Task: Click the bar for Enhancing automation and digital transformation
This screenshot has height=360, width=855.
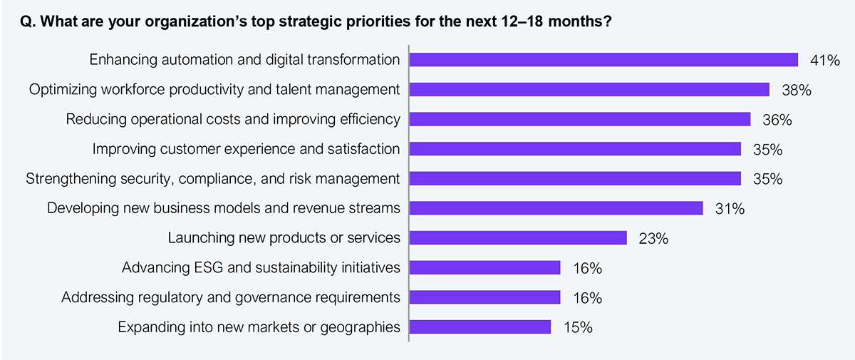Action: pos(603,60)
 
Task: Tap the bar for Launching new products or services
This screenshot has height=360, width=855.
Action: pos(517,238)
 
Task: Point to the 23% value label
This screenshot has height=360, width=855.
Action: pos(653,239)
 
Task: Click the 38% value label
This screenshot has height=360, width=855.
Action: pos(797,90)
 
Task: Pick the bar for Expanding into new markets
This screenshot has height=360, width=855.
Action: pos(480,327)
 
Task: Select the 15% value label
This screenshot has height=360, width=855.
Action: pos(577,328)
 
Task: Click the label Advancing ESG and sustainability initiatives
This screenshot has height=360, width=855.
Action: pos(261,268)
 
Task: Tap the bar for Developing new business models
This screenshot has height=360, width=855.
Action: pos(556,209)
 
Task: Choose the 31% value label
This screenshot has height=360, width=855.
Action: pos(730,210)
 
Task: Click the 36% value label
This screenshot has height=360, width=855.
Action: pos(777,120)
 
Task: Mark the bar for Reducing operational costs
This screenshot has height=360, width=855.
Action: pos(579,119)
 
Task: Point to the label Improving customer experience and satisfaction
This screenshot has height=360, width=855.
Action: pos(247,149)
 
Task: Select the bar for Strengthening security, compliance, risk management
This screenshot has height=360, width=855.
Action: pos(574,179)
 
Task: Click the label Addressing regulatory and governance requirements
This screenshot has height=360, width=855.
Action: pos(231,297)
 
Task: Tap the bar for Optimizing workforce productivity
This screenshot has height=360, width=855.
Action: pos(589,90)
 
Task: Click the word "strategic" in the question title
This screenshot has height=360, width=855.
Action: pos(314,22)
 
